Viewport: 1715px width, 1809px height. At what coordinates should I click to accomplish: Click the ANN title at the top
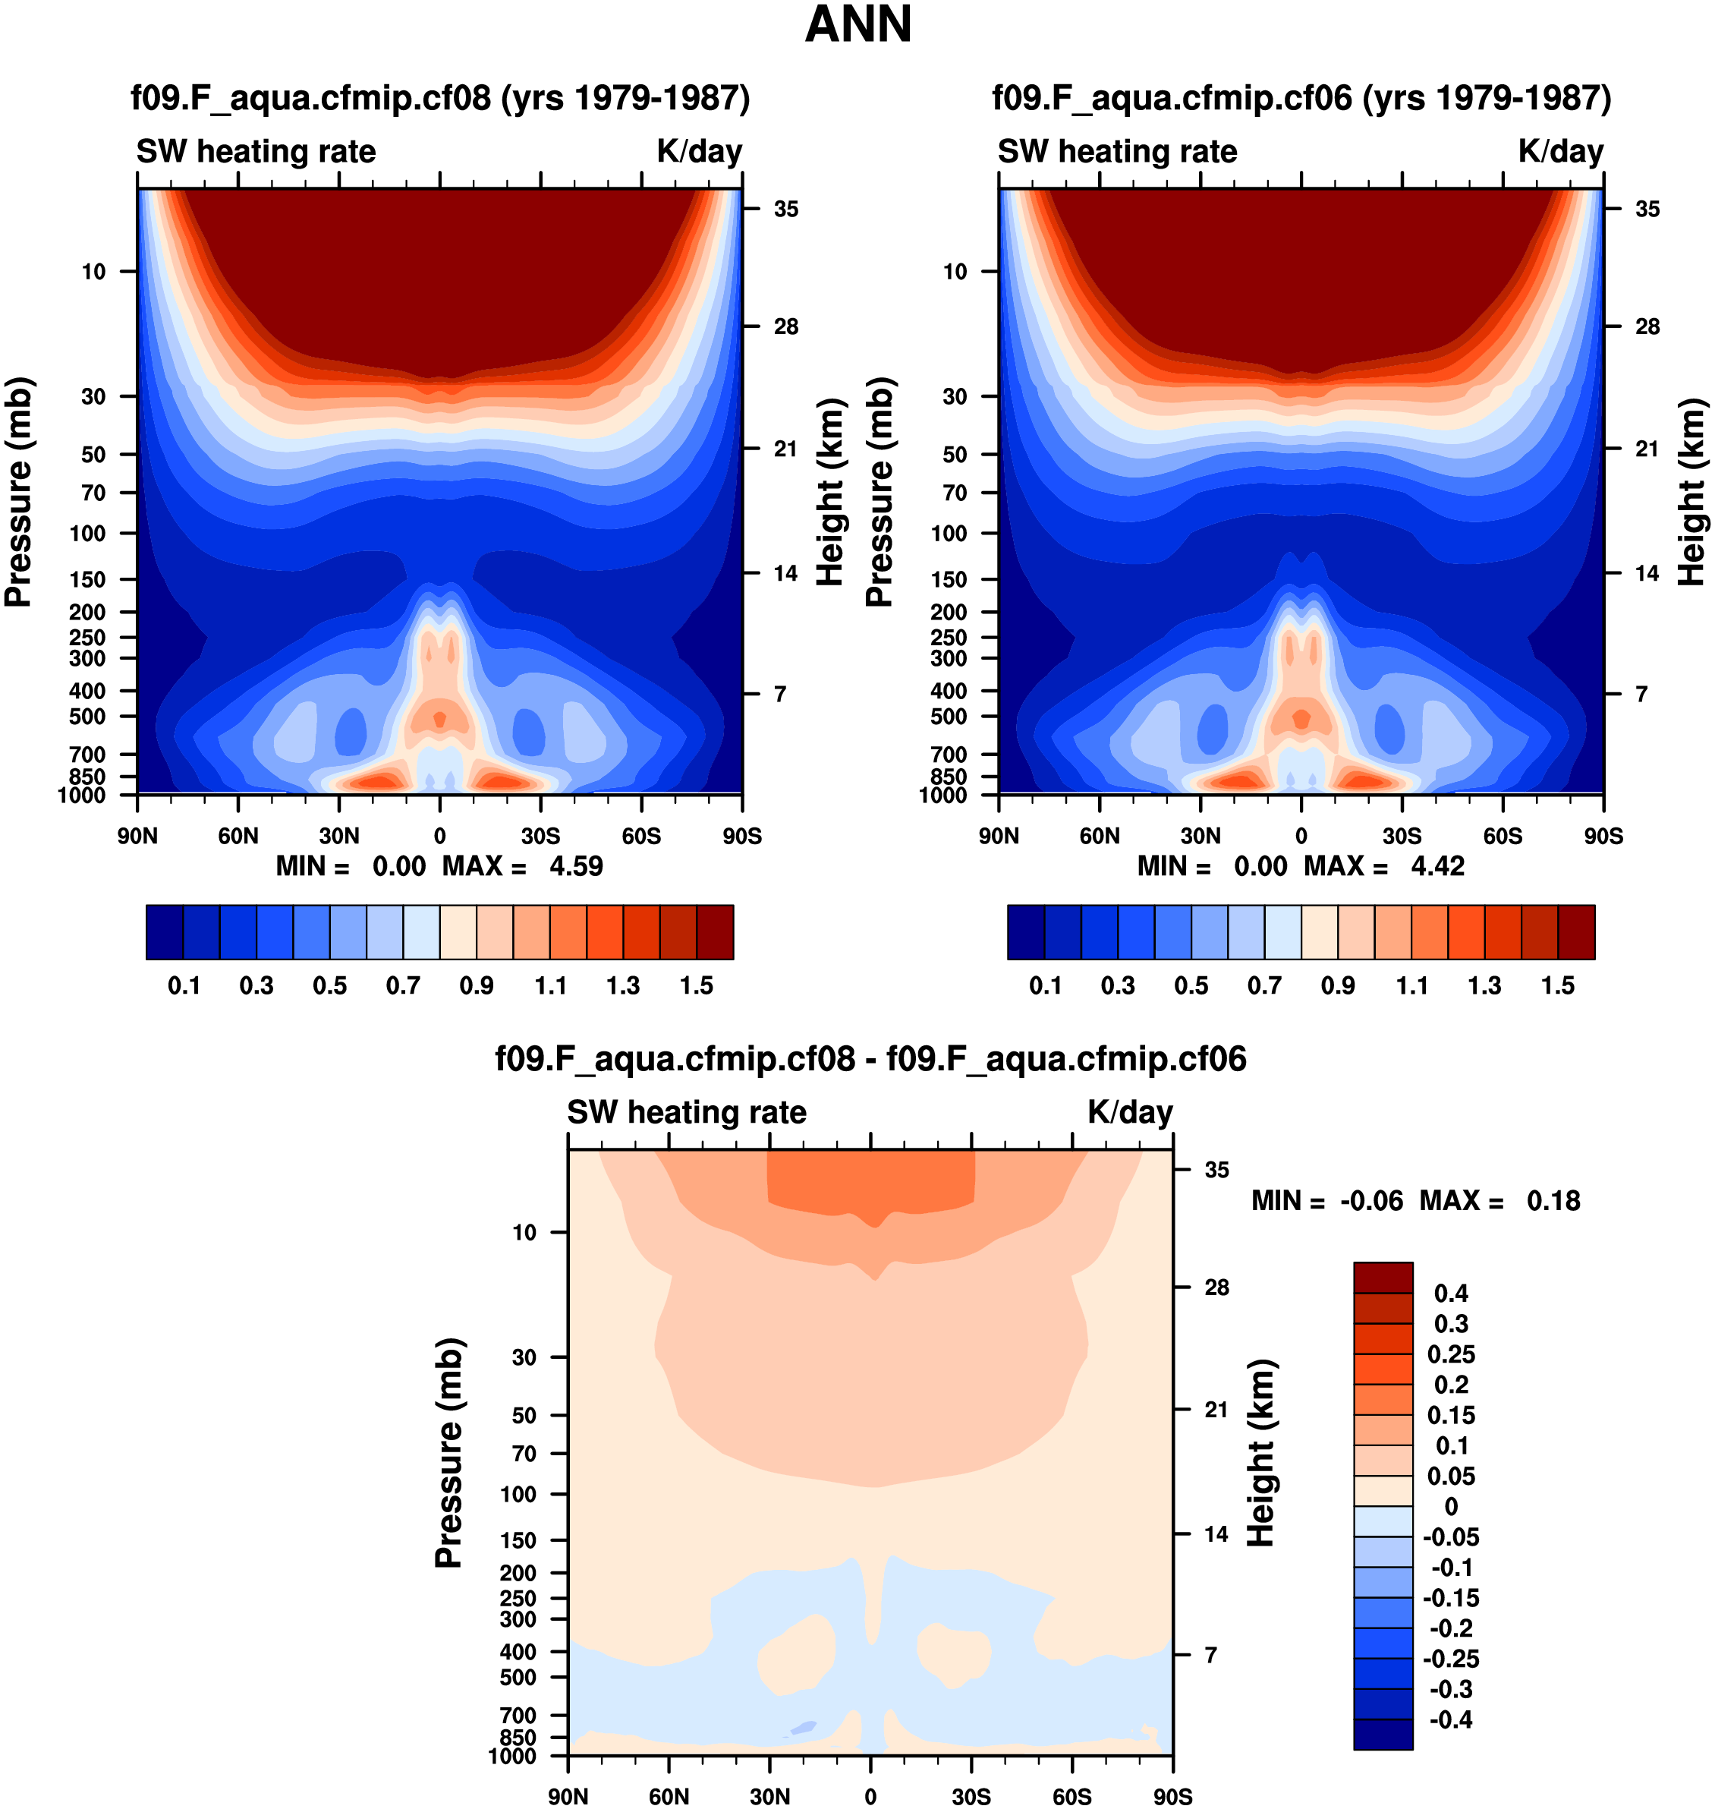(857, 25)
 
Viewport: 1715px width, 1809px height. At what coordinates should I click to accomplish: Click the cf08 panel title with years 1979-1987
(439, 98)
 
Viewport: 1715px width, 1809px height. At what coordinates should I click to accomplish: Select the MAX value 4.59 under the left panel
(576, 866)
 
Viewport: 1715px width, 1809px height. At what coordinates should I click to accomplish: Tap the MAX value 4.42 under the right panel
(1437, 866)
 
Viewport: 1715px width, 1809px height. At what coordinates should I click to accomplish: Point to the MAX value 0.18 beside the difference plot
(1553, 1201)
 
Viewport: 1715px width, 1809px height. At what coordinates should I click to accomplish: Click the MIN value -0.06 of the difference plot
(1371, 1201)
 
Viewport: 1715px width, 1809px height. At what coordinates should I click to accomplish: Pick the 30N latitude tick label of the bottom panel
(769, 1796)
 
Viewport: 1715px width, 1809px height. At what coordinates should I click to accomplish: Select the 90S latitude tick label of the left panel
(741, 836)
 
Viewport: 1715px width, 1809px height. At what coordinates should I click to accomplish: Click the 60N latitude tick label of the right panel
(1099, 836)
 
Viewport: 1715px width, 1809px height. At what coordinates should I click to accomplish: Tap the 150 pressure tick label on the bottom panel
(518, 1540)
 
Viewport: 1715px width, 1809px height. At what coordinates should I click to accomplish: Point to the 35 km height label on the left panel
(785, 210)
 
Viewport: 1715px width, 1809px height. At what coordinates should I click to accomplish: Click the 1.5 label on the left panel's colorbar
(696, 986)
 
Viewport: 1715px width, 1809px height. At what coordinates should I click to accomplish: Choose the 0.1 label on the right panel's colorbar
(1045, 986)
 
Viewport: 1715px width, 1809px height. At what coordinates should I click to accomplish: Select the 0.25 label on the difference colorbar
(1451, 1354)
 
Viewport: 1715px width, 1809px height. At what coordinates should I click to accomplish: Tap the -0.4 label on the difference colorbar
(1451, 1719)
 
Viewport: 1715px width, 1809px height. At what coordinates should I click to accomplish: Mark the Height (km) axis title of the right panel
(1691, 492)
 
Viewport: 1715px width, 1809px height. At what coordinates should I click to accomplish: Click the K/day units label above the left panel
(700, 151)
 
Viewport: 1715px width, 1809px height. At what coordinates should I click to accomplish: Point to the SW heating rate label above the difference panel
(687, 1112)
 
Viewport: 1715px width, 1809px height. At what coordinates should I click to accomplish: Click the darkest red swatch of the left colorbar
(715, 932)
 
